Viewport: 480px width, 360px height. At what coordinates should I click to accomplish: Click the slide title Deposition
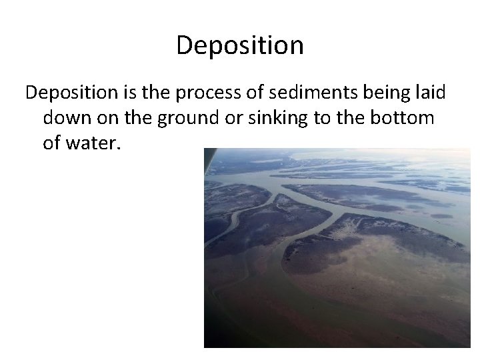point(240,45)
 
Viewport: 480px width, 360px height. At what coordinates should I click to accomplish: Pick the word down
point(67,118)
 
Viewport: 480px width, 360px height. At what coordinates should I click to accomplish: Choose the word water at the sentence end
point(94,143)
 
